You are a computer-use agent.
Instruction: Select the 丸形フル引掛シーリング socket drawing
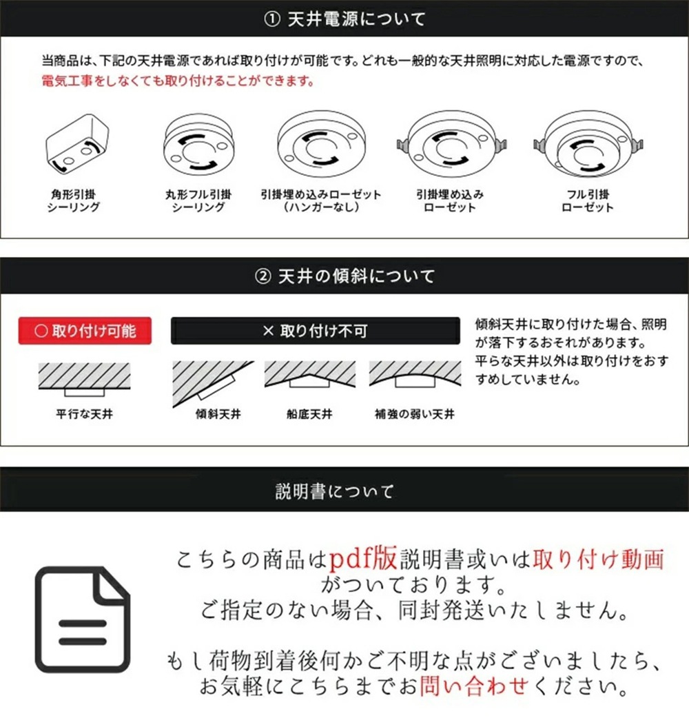click(x=198, y=146)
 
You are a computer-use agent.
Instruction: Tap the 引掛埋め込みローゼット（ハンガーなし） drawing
click(x=320, y=146)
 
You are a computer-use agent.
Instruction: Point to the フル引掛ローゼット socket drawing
click(x=586, y=146)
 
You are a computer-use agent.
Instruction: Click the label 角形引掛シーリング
click(x=74, y=200)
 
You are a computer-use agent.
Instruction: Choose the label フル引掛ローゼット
click(x=587, y=200)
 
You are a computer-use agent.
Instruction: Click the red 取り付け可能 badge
click(x=85, y=331)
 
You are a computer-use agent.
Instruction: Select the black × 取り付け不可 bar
click(x=315, y=331)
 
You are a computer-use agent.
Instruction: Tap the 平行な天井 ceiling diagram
click(x=85, y=378)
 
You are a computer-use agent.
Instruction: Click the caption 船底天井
click(x=310, y=414)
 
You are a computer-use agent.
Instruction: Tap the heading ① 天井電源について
click(x=344, y=19)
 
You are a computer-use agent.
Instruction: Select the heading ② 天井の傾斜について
click(x=344, y=276)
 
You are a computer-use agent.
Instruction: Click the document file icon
click(x=83, y=619)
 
